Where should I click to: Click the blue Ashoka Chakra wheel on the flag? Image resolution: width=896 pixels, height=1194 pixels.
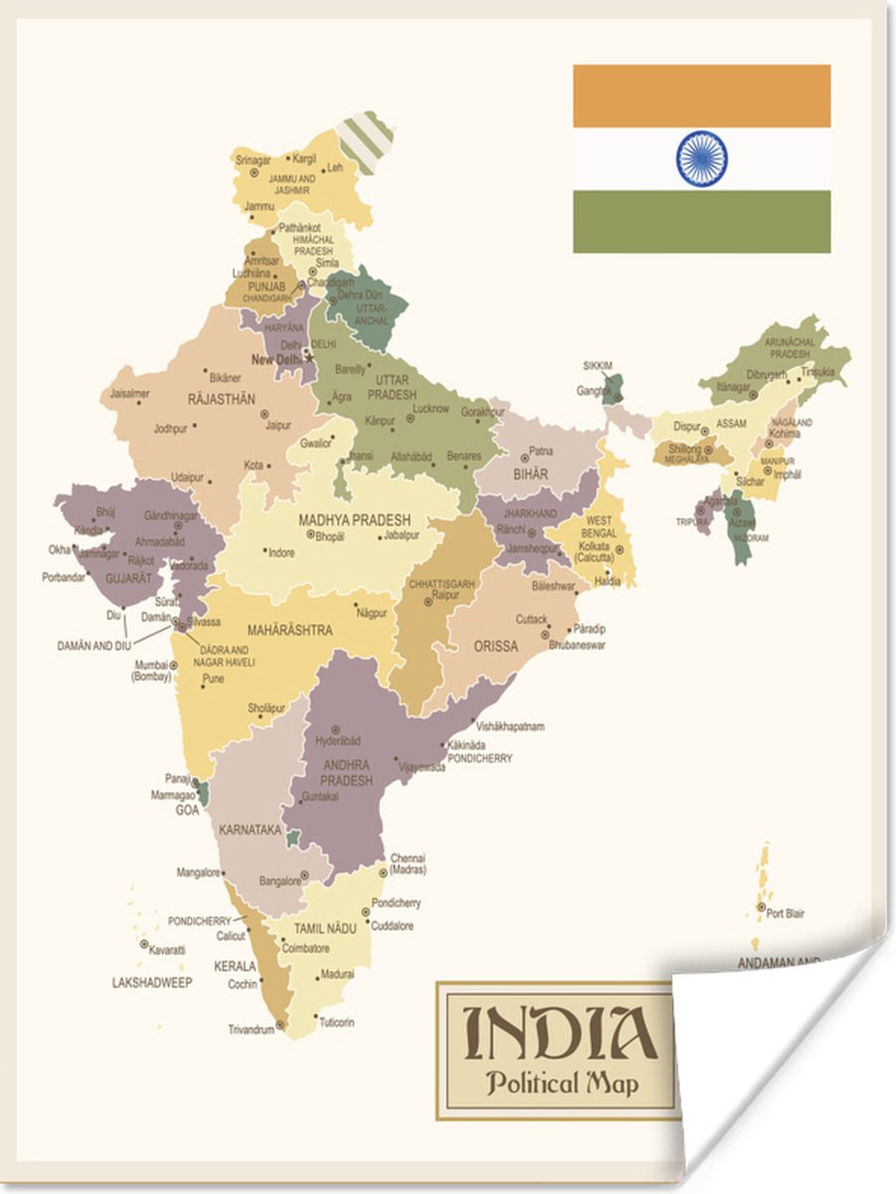click(701, 159)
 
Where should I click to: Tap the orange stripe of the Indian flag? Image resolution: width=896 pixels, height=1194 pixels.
click(701, 96)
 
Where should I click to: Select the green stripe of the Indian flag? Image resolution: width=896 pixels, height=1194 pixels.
click(701, 221)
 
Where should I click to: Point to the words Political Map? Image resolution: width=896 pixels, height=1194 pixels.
click(562, 1083)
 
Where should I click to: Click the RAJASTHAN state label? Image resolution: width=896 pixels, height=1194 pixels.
click(222, 399)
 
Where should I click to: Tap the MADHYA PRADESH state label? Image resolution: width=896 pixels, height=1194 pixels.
click(354, 520)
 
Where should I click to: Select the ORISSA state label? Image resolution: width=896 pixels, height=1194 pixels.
click(495, 646)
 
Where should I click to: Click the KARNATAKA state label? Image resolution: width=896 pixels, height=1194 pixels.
click(248, 828)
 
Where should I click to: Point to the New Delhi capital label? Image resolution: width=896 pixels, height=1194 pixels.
click(276, 359)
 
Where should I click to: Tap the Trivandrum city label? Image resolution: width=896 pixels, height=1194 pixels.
click(251, 1030)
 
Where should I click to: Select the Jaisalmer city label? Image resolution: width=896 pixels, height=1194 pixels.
click(129, 393)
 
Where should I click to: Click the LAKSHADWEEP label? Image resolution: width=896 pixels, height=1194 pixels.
click(151, 982)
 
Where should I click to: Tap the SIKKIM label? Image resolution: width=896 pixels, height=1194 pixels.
click(598, 365)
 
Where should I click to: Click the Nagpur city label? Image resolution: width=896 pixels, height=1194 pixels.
click(372, 613)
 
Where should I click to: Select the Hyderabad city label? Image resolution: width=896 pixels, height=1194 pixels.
click(337, 741)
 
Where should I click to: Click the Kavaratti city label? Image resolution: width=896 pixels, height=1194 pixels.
click(166, 950)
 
